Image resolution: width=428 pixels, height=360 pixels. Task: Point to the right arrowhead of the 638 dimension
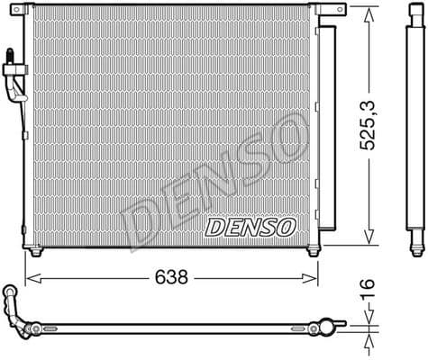click(315, 278)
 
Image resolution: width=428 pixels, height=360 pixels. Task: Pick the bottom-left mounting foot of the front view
click(35, 252)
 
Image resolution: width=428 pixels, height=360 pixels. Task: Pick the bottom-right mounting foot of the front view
click(313, 252)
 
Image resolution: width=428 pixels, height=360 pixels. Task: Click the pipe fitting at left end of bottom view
click(15, 301)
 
